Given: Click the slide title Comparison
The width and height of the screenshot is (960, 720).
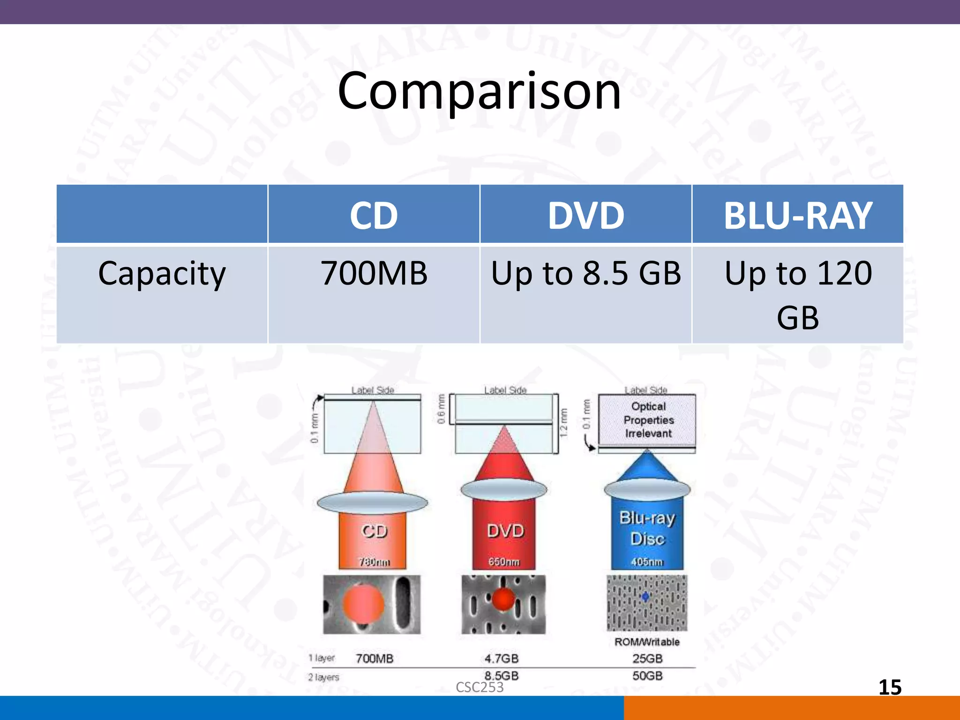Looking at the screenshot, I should pyautogui.click(x=479, y=91).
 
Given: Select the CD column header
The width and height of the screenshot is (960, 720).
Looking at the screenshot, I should pyautogui.click(x=374, y=216).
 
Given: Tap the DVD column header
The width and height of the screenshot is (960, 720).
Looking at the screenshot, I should pyautogui.click(x=586, y=216).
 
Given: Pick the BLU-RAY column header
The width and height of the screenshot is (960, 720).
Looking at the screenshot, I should pyautogui.click(x=798, y=216).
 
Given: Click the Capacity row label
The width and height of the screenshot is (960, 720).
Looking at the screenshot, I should pyautogui.click(x=162, y=273).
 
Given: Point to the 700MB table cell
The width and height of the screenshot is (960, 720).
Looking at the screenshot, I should pyautogui.click(x=374, y=273).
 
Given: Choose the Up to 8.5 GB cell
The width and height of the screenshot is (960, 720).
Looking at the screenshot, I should pyautogui.click(x=586, y=273).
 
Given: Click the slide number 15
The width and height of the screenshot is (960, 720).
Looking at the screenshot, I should pyautogui.click(x=890, y=687).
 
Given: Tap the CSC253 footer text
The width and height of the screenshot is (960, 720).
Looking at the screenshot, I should pyautogui.click(x=480, y=687).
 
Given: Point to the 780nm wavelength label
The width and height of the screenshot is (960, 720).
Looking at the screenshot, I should pyautogui.click(x=374, y=562).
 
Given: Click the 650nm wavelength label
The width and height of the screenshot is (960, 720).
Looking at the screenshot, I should pyautogui.click(x=504, y=562).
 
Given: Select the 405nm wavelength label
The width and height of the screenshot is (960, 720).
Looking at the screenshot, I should pyautogui.click(x=647, y=562).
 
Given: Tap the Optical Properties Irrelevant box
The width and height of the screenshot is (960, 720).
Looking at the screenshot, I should pyautogui.click(x=648, y=420).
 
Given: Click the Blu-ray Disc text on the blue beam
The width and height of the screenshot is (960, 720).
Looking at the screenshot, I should pyautogui.click(x=647, y=528).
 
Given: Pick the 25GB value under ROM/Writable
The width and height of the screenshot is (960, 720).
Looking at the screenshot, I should pyautogui.click(x=647, y=659).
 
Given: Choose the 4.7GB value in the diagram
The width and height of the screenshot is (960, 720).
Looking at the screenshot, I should pyautogui.click(x=502, y=659).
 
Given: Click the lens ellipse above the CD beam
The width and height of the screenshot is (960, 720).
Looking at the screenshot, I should pyautogui.click(x=373, y=502).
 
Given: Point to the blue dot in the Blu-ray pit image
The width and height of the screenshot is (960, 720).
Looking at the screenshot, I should pyautogui.click(x=645, y=597).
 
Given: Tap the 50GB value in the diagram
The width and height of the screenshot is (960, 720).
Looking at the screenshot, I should pyautogui.click(x=647, y=676).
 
